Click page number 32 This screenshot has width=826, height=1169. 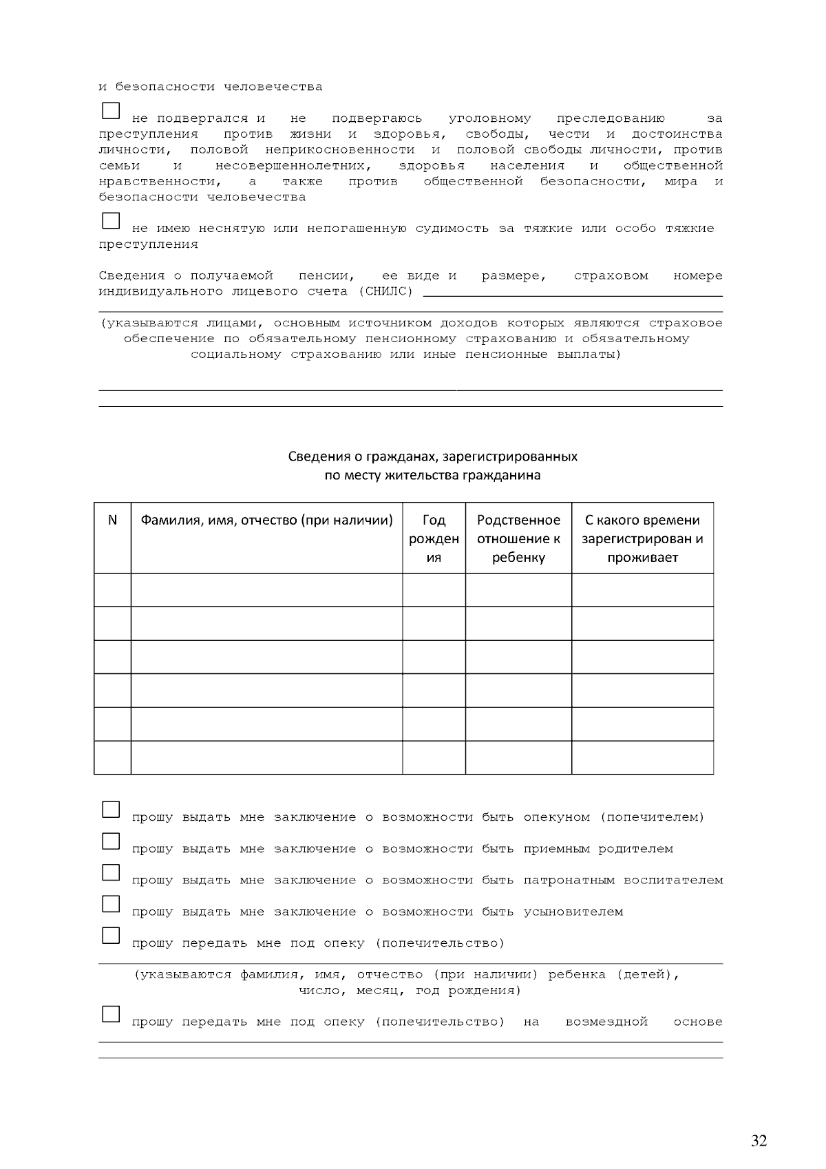point(759,1141)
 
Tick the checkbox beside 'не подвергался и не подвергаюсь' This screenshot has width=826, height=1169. point(111,111)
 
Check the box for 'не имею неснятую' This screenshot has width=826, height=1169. point(111,221)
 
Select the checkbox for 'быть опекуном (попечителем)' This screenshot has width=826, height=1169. point(111,810)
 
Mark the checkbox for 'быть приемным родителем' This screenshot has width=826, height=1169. point(111,841)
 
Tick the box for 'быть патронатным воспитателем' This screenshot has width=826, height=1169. point(111,872)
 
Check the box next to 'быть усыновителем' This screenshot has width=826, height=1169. point(111,903)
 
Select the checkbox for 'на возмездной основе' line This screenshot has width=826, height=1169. point(111,1014)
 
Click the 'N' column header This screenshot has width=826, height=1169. point(113,520)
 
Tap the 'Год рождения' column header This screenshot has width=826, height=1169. point(434,538)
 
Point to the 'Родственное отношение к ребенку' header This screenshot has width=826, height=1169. point(518,538)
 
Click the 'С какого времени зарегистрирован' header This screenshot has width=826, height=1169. point(642,538)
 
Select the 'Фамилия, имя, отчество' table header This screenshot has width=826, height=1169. point(266,520)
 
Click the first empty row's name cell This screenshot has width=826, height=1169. point(266,590)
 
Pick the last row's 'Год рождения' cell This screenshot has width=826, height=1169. point(434,757)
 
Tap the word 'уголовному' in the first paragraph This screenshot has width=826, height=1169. point(489,119)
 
